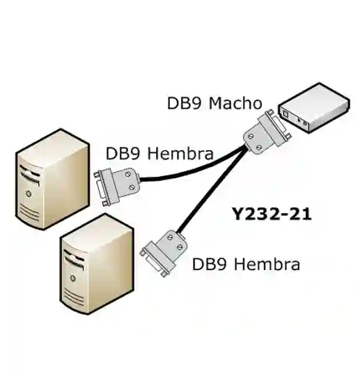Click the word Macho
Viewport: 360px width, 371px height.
tap(238, 104)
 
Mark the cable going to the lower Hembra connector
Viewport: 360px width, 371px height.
tap(209, 202)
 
